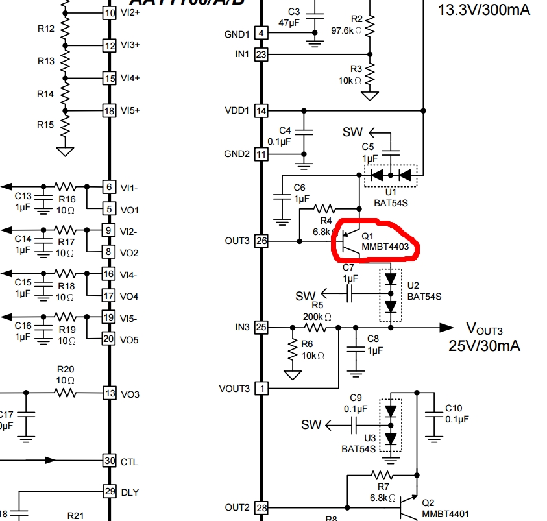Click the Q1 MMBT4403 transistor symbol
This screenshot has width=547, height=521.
(348, 241)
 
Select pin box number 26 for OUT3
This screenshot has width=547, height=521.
(261, 241)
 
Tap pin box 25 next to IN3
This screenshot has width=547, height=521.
(261, 328)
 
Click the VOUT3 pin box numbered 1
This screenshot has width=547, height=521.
(261, 388)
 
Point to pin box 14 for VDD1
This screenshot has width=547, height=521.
(261, 110)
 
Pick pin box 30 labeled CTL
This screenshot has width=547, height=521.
(110, 461)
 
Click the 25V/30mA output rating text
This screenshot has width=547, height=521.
(484, 346)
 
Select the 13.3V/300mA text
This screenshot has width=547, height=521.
(484, 10)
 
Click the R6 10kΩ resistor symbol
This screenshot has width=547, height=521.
(293, 350)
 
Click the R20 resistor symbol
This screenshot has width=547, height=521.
(65, 393)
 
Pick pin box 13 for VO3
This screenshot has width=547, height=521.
(110, 393)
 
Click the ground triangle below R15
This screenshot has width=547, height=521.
(65, 151)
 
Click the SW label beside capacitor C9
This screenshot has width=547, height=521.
(311, 425)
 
